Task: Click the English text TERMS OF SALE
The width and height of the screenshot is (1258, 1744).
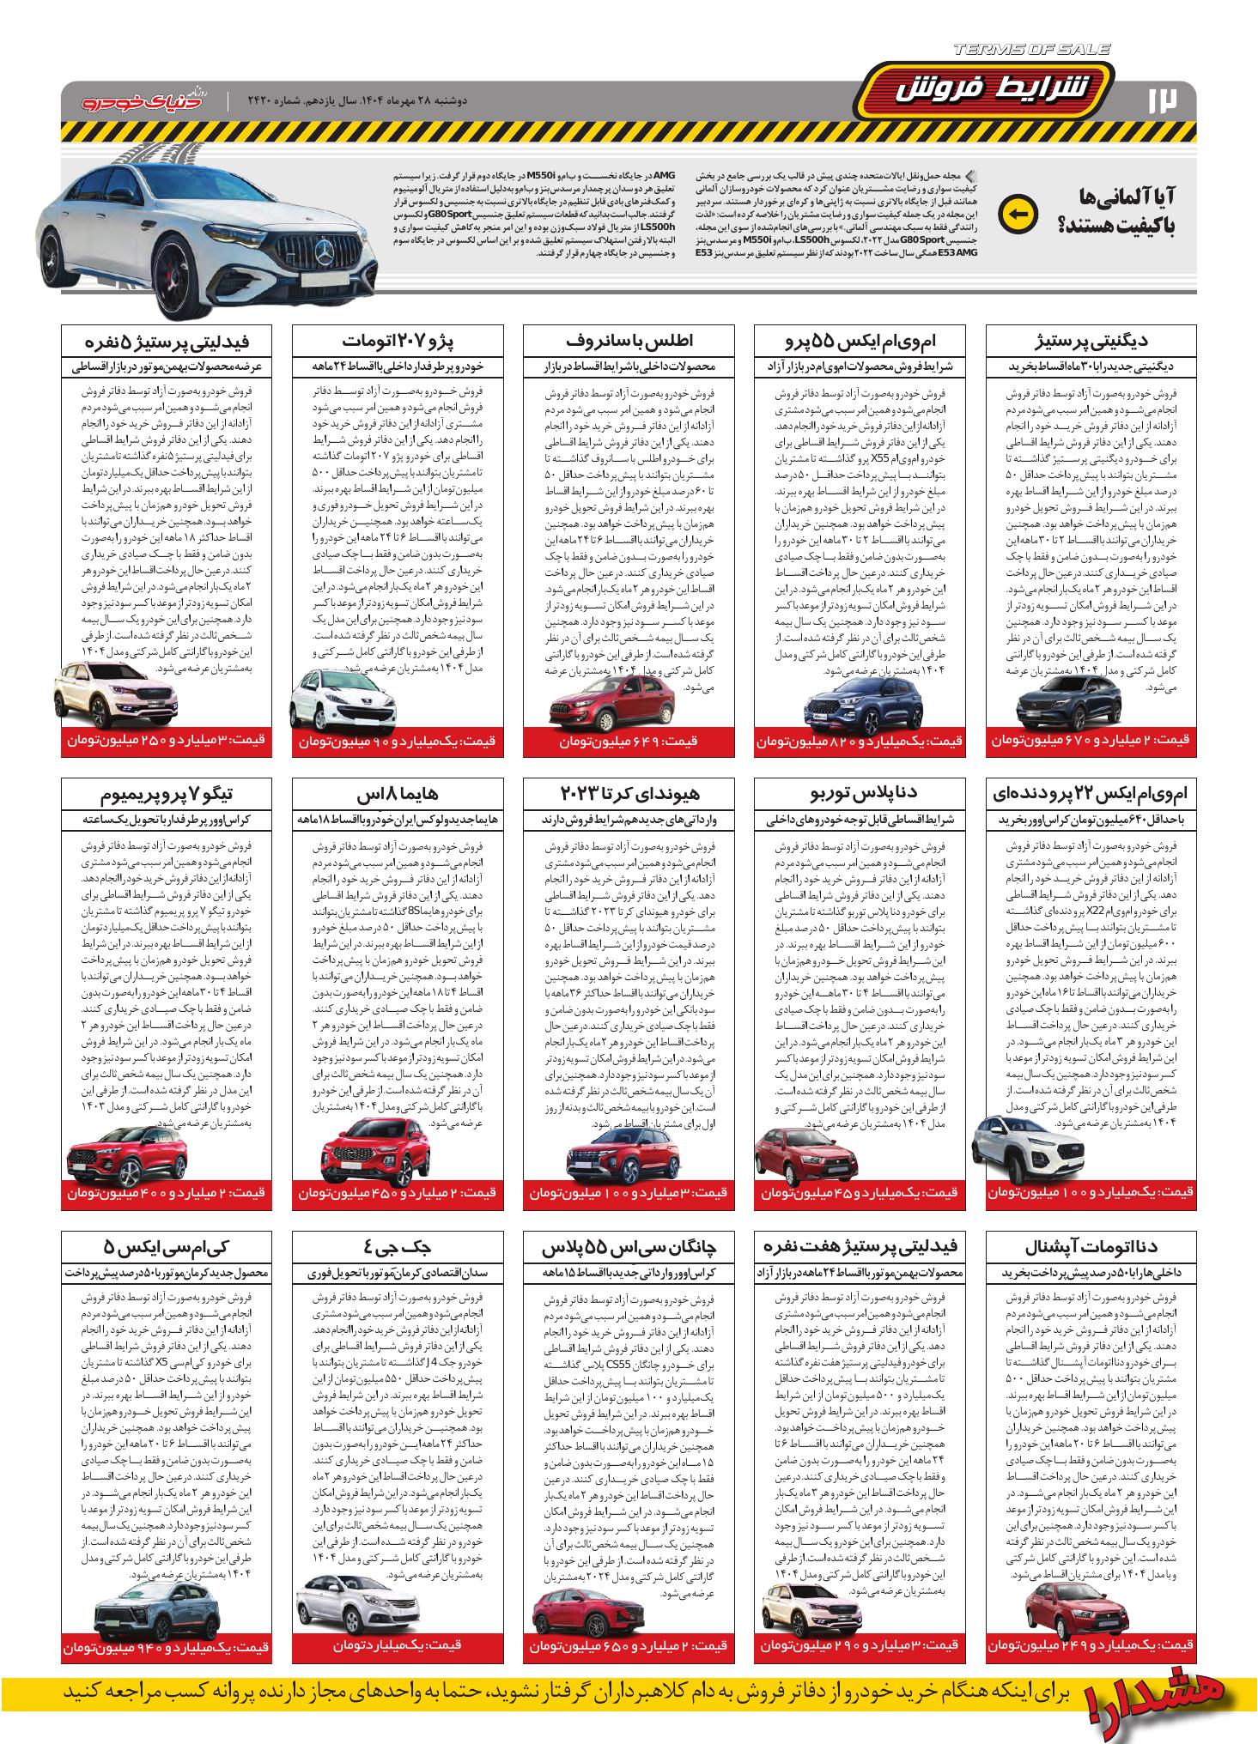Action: tap(1031, 50)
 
